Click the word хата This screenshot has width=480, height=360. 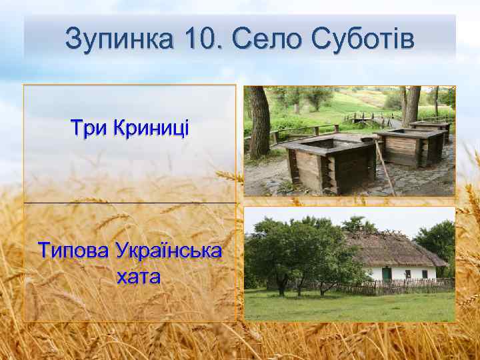pos(138,277)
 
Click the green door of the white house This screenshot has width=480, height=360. pos(387,273)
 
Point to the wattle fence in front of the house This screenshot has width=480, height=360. pos(400,287)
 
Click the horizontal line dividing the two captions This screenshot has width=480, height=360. pos(130,203)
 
